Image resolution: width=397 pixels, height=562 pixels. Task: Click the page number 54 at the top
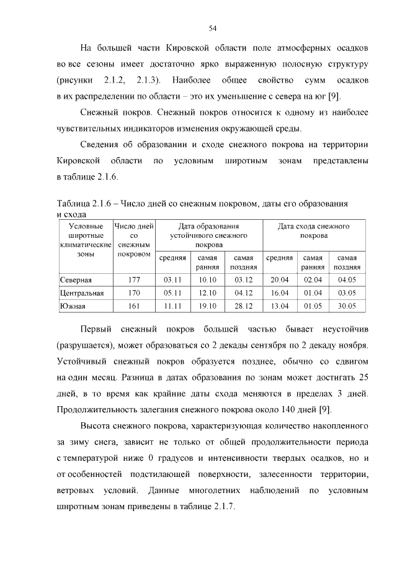212,28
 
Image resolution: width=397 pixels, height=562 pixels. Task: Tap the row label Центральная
82,293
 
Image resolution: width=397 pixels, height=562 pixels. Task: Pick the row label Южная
73,306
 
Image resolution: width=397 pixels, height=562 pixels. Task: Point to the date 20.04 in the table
280,280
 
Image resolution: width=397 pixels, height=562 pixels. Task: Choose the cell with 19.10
207,306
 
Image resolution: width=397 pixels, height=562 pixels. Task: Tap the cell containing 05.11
172,293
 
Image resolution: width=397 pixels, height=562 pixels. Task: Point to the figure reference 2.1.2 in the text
115,80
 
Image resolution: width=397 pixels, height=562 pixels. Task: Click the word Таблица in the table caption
73,204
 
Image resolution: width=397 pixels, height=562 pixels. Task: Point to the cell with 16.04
280,293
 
